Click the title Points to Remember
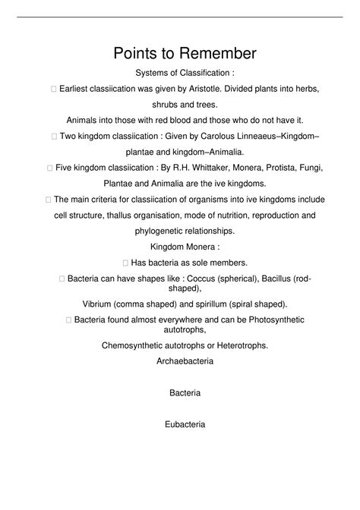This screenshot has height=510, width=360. point(185,53)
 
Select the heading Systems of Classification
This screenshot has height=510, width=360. point(185,73)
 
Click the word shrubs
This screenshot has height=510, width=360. point(166,105)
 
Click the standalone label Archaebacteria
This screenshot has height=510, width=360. point(185,361)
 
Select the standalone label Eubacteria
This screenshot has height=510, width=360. point(185,425)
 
